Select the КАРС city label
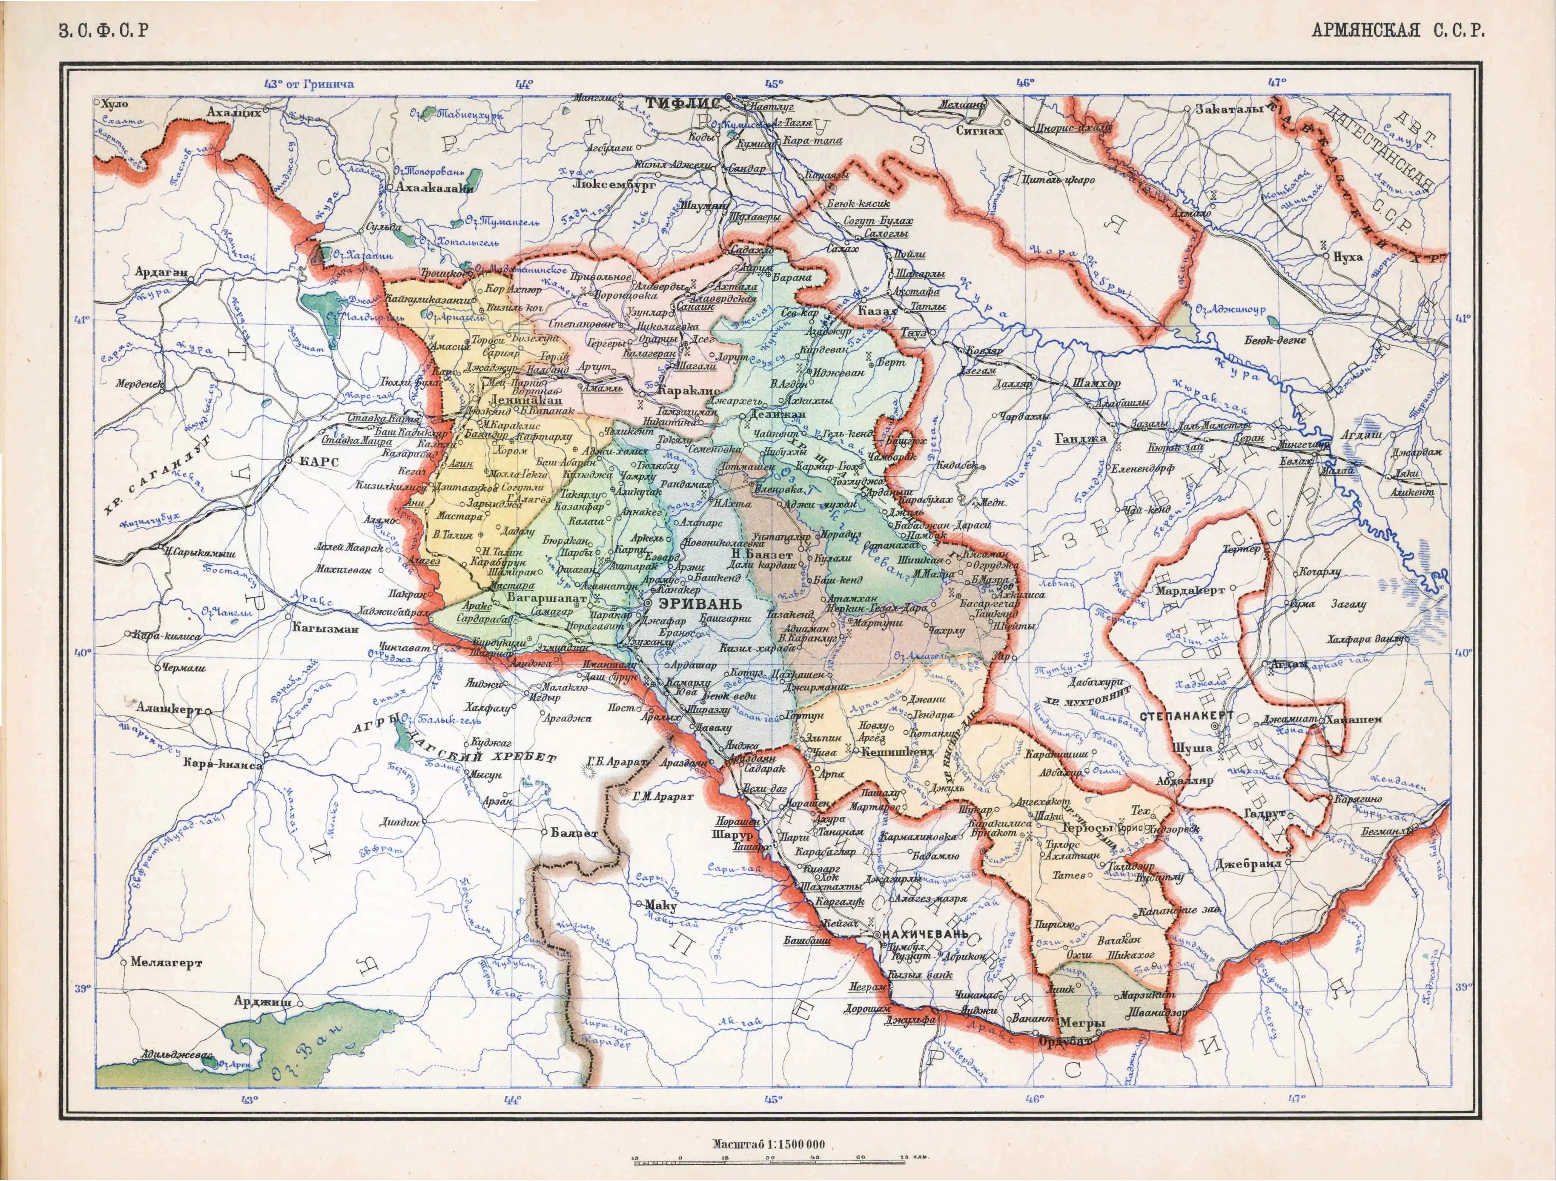[319, 462]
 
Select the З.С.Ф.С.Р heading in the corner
[104, 31]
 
